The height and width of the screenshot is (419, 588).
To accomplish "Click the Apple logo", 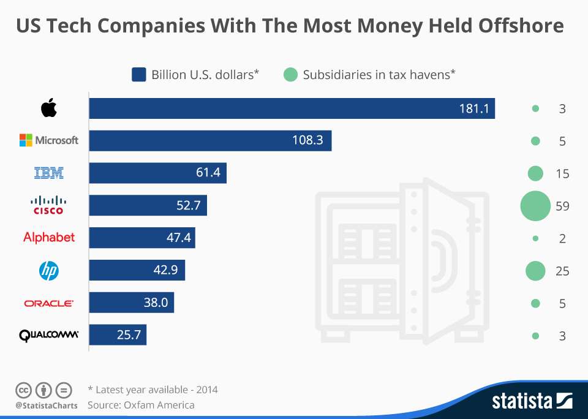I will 49,108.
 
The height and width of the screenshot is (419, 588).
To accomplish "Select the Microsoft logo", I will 49,140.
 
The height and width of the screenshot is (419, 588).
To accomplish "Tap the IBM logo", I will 49,173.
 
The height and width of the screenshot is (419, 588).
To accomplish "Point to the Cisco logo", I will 49,205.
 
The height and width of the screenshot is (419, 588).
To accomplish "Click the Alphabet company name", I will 49,237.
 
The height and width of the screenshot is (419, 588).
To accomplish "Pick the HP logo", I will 49,270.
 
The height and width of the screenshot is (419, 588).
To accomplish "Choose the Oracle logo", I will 49,303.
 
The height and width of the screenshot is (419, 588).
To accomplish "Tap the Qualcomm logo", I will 49,335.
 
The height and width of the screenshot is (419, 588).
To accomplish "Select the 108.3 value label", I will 307,141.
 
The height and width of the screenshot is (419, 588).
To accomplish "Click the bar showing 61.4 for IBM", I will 157,173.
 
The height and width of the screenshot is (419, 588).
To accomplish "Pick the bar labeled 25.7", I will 118,335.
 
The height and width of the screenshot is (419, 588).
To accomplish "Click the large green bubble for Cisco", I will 535,205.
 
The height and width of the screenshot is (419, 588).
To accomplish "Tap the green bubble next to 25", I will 535,270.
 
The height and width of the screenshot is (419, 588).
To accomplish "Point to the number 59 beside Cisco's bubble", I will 562,206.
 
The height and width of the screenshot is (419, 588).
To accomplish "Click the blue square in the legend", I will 138,75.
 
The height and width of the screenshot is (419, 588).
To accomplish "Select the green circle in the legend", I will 290,75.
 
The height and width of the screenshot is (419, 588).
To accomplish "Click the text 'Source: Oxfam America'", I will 141,405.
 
